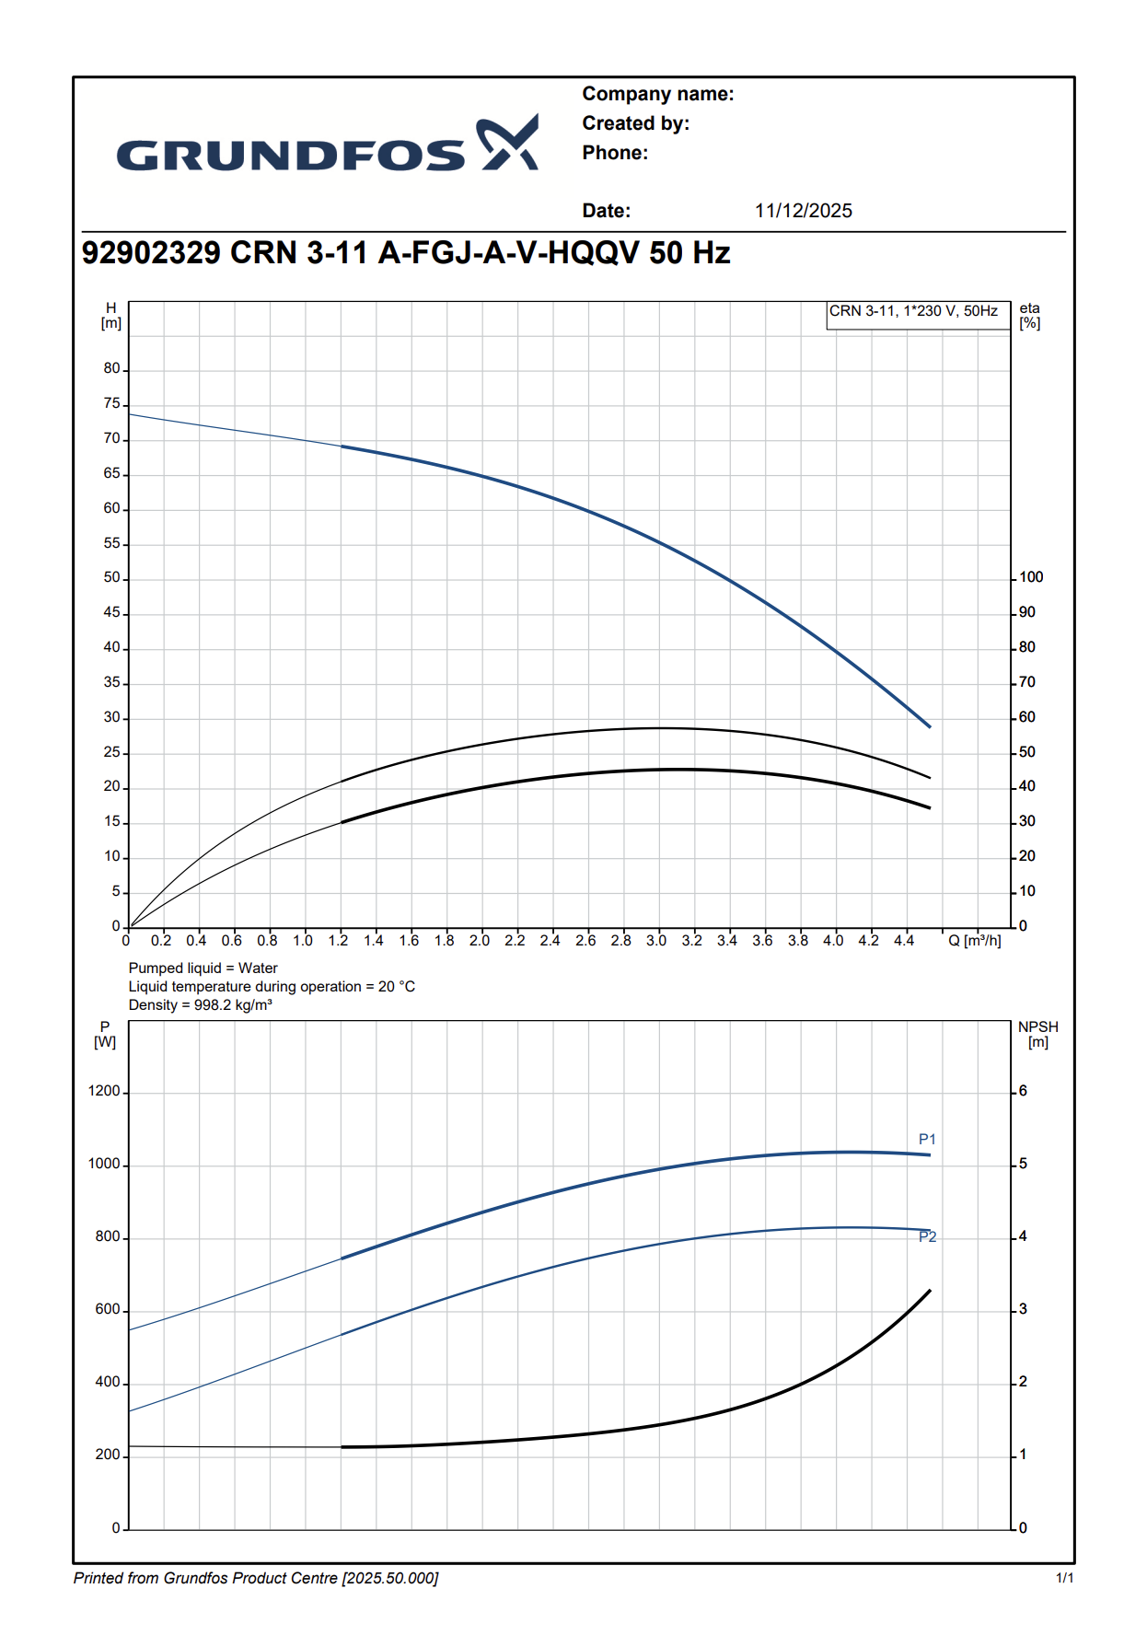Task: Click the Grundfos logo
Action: click(x=327, y=145)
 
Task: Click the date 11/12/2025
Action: click(x=803, y=211)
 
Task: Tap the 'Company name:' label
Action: click(x=657, y=94)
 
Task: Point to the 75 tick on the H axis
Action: click(x=112, y=404)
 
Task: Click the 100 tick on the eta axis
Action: click(x=1031, y=577)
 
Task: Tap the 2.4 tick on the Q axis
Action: click(x=550, y=941)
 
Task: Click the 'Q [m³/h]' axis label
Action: click(x=974, y=941)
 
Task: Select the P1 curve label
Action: click(x=927, y=1140)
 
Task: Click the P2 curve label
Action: click(x=927, y=1237)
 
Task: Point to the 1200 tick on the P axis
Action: click(x=104, y=1092)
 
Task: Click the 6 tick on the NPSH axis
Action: click(x=1023, y=1092)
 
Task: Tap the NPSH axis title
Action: click(x=1037, y=1035)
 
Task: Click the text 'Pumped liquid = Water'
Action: click(x=203, y=968)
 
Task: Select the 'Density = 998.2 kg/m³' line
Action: click(x=200, y=1005)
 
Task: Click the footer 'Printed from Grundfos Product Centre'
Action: click(x=255, y=1579)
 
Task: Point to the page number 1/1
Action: click(x=1064, y=1579)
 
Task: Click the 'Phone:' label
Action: click(x=615, y=153)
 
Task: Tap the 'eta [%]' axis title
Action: click(x=1029, y=316)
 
